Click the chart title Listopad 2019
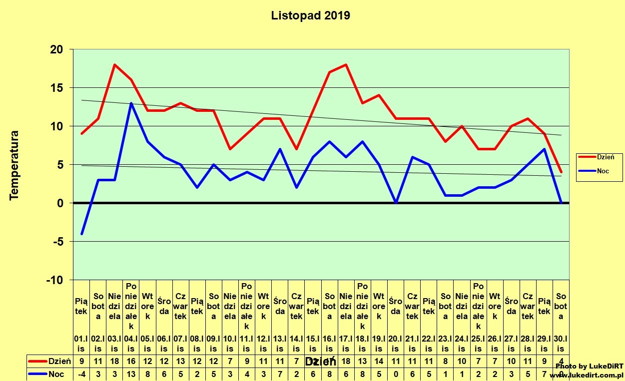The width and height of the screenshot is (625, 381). [x=310, y=15]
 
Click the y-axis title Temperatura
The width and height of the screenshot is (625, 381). [x=14, y=165]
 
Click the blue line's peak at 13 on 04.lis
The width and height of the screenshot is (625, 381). [x=131, y=103]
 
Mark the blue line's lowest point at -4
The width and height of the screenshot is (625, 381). [x=81, y=234]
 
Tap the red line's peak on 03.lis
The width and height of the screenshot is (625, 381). [x=114, y=64]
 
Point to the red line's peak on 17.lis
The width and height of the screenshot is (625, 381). [x=346, y=64]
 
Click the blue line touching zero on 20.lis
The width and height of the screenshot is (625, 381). [x=396, y=203]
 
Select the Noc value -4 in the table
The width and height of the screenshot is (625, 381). [x=81, y=374]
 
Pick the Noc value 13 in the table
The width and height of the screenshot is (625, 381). [x=131, y=374]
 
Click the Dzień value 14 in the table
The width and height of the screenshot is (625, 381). [x=379, y=361]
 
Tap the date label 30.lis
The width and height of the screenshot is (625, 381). [x=561, y=345]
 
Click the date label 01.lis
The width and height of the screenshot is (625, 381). [x=81, y=345]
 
